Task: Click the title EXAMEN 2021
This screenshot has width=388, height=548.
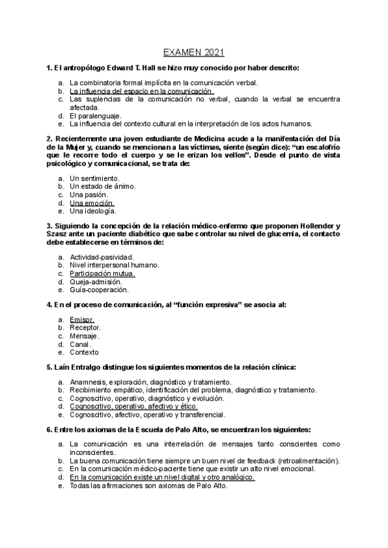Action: (193, 52)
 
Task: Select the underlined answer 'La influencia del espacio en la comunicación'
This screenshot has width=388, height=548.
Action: (142, 91)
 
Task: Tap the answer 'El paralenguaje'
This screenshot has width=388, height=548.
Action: (94, 115)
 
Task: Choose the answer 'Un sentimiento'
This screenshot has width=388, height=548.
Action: (94, 178)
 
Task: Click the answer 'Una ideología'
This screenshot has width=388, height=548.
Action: (93, 211)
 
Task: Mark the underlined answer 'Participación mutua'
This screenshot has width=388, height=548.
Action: (103, 273)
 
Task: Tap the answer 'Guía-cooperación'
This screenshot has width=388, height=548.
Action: (99, 290)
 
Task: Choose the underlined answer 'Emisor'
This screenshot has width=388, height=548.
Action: (81, 319)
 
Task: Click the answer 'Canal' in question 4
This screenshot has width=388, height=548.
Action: (81, 344)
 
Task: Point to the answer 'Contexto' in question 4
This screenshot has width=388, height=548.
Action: (84, 353)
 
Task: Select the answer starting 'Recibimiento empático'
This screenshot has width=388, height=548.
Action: (193, 390)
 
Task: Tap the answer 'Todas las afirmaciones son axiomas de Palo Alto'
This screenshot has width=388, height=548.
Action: (148, 485)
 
